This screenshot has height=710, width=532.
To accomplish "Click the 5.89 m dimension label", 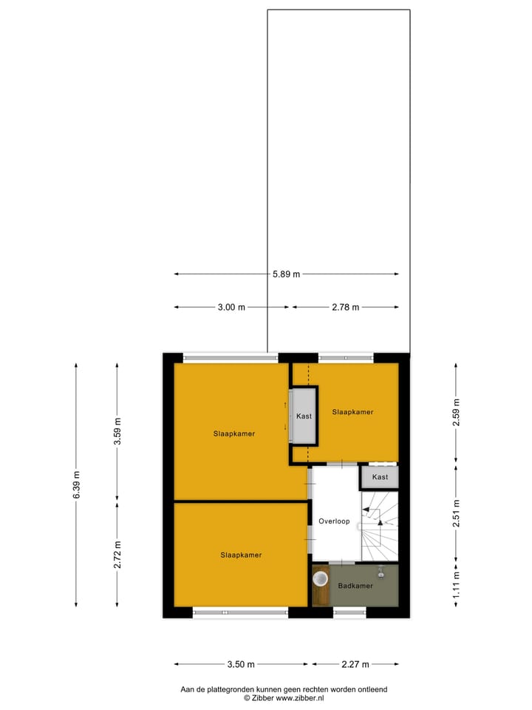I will [287, 274].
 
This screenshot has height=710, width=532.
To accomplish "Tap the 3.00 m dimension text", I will [231, 308].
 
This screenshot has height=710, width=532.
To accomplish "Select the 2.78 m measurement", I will [345, 308].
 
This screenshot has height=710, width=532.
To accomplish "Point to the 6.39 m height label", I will [76, 484].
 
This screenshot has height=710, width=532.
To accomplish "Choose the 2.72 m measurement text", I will [117, 554].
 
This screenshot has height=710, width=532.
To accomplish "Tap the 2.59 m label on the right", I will [456, 413].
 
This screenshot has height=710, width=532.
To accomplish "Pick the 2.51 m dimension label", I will [456, 513].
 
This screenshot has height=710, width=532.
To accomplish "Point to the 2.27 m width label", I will [355, 664].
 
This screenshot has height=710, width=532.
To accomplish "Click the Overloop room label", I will [334, 521].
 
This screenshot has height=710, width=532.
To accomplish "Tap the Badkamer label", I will [355, 586].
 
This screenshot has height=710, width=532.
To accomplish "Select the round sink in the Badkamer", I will [321, 578].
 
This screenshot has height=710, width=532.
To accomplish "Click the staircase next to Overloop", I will [379, 525].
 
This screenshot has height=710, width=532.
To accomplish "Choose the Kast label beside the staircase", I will [380, 477].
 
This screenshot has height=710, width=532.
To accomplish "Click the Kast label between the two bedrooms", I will [304, 416].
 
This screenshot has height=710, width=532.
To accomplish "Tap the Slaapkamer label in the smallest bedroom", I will [352, 412].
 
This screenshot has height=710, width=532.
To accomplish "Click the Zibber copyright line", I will [284, 697].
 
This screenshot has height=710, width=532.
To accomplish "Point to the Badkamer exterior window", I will [349, 612].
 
